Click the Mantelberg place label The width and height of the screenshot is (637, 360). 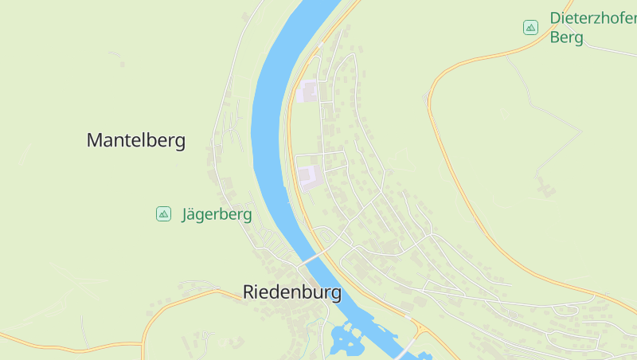(135, 141)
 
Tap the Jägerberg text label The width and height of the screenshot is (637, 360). (217, 214)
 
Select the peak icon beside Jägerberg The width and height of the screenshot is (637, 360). (163, 213)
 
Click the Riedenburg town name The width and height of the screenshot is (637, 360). (292, 292)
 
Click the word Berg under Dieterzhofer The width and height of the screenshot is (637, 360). (567, 37)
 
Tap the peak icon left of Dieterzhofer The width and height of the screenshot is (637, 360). (530, 28)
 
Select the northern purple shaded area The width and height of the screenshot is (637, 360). (307, 92)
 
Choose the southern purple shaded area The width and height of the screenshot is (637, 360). (308, 176)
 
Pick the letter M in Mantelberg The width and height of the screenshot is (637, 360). (95, 141)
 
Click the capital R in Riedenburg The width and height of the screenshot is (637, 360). (248, 292)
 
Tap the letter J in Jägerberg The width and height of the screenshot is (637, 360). (186, 214)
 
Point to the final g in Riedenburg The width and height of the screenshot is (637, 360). (336, 295)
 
